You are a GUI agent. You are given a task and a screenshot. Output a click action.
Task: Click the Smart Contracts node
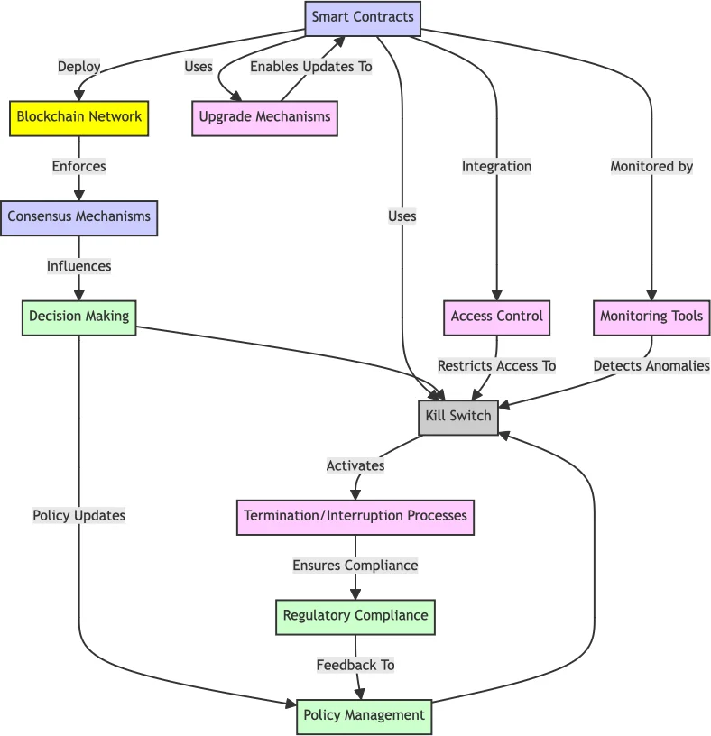[x=363, y=17]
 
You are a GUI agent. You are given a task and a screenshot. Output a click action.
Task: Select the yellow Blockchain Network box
[x=78, y=117]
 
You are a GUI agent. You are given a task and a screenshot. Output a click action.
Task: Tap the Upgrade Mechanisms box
[x=264, y=117]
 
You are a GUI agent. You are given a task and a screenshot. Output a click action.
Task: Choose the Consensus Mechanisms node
[x=78, y=217]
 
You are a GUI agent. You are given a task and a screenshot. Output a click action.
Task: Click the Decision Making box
[x=78, y=317]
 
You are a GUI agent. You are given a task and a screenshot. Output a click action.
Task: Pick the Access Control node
[x=496, y=317]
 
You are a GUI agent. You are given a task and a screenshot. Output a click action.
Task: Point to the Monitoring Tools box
[x=651, y=317]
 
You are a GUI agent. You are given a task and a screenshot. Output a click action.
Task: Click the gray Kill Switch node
[x=458, y=417]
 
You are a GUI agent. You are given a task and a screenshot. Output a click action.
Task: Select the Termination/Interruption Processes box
[x=355, y=517]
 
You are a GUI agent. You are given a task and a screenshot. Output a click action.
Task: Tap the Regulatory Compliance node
[x=355, y=616]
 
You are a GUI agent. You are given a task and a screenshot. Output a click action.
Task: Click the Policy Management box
[x=364, y=716]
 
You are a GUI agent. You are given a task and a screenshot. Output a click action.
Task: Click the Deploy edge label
[x=78, y=67]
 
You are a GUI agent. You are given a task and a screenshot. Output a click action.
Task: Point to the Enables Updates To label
[x=310, y=67]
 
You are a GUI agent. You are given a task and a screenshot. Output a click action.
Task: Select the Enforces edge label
[x=78, y=167]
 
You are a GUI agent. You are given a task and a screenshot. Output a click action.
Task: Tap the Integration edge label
[x=496, y=167]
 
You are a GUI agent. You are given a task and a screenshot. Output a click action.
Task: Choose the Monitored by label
[x=651, y=167]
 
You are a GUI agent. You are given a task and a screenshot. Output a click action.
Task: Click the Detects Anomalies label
[x=651, y=366]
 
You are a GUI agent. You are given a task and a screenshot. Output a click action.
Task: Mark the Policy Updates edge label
[x=78, y=516]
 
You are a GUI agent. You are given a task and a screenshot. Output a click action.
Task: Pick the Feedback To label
[x=355, y=666]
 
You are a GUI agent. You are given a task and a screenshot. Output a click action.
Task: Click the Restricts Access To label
[x=496, y=366]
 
